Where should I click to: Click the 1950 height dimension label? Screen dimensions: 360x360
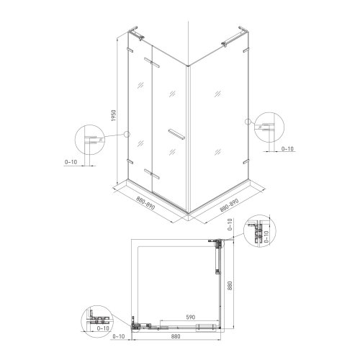point(114,115)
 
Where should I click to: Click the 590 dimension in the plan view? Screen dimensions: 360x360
point(191,317)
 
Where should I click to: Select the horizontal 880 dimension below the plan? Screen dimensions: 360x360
point(176,336)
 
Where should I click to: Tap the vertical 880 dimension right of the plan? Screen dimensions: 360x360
point(230,286)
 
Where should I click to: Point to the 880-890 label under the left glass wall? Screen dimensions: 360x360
point(145,203)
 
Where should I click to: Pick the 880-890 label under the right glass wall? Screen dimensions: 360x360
point(229,205)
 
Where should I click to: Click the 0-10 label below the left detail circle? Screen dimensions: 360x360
point(71,162)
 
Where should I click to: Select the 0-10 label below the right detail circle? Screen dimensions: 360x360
point(287,149)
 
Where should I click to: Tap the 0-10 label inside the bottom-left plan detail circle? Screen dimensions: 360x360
point(103,328)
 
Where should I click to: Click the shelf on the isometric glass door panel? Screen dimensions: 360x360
point(176,134)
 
